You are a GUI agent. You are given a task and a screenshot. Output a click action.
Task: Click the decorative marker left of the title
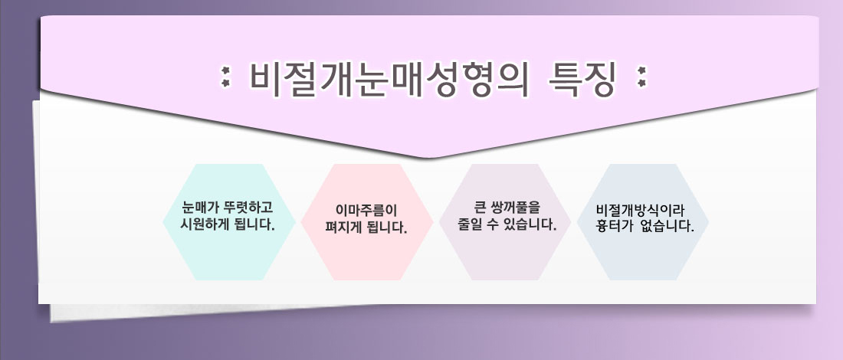(226, 77)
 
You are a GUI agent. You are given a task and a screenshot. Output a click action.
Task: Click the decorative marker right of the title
(641, 77)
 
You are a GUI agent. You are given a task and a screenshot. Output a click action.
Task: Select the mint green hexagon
(229, 222)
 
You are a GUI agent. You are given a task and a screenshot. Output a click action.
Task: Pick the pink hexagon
(366, 222)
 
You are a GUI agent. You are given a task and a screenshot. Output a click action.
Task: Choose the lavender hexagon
(505, 222)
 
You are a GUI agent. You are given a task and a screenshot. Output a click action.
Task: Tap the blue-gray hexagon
(643, 222)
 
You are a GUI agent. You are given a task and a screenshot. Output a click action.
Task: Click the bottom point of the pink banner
(428, 158)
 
